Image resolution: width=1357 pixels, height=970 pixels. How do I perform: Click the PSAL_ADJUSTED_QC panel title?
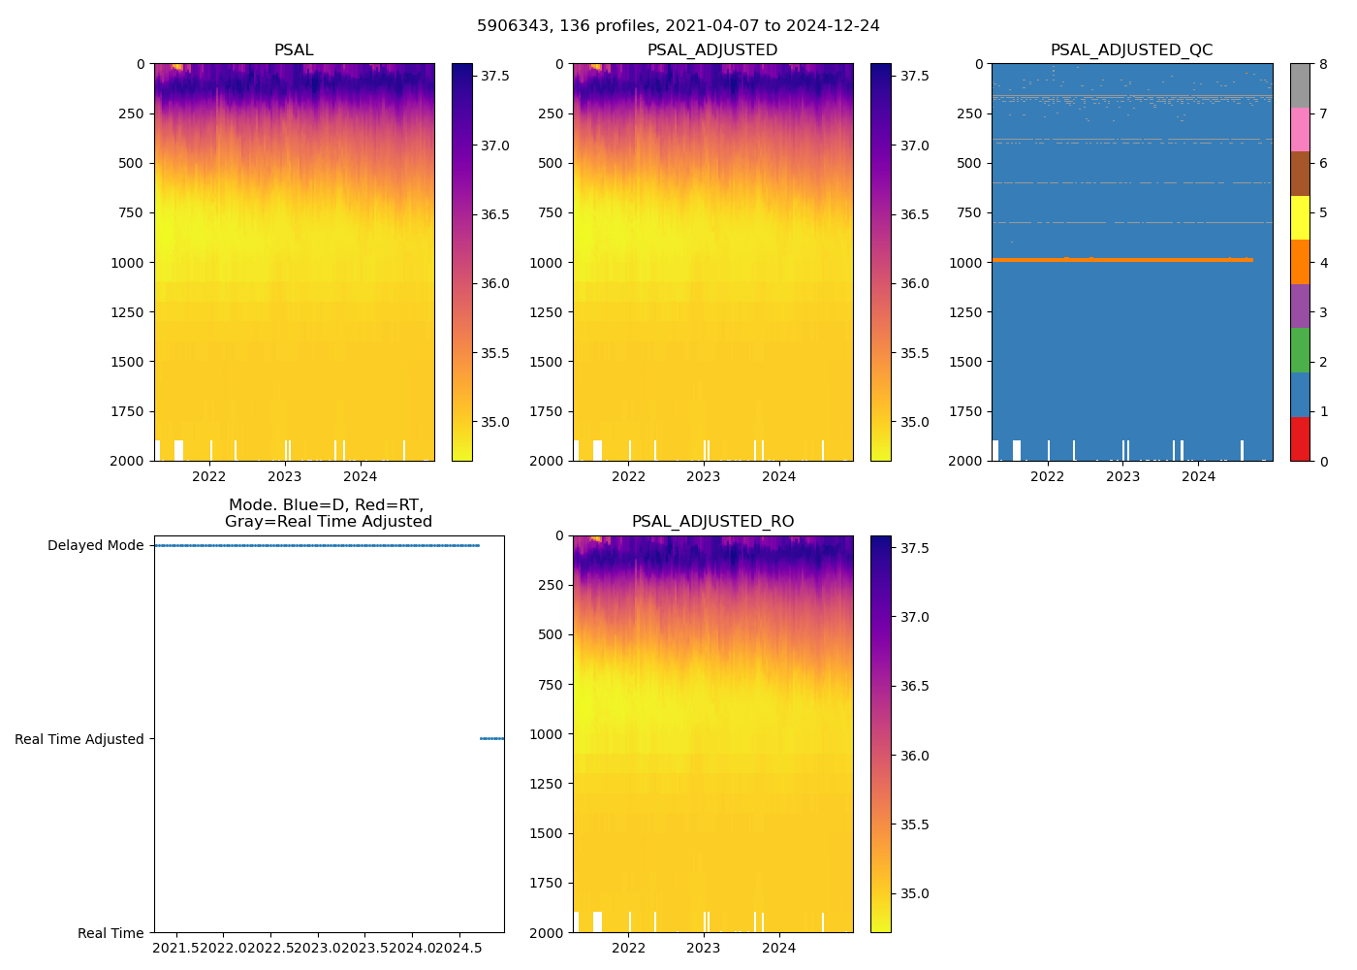(1131, 50)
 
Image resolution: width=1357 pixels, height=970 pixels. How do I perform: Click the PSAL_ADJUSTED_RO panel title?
(712, 522)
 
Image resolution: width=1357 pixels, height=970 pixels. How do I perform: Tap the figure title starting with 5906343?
(678, 26)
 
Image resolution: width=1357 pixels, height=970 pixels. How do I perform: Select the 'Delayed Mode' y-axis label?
(95, 545)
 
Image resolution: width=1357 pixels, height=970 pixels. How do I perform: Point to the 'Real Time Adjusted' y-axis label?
(79, 739)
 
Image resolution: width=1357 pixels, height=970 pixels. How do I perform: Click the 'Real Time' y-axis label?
(110, 933)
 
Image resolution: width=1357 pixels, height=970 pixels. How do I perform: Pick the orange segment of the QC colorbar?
(1300, 262)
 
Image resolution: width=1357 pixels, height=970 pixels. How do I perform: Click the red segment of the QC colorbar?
(1300, 439)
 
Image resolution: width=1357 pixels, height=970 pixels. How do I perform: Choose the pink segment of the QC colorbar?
(1300, 129)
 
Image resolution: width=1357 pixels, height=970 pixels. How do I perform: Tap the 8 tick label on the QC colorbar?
(1323, 64)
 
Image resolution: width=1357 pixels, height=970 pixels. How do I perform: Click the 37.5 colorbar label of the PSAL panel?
(495, 76)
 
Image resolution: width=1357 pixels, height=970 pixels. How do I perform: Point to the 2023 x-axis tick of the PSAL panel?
(285, 476)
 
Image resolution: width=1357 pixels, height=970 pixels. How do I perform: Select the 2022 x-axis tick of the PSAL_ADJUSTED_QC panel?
(1047, 476)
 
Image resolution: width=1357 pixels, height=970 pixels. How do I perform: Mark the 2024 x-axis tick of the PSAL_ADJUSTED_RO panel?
(778, 948)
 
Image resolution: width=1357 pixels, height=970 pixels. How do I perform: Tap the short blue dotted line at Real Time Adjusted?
(491, 739)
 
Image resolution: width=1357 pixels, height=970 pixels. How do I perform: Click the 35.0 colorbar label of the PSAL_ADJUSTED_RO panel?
(914, 893)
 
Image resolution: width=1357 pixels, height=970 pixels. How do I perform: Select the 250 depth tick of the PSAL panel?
(132, 113)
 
